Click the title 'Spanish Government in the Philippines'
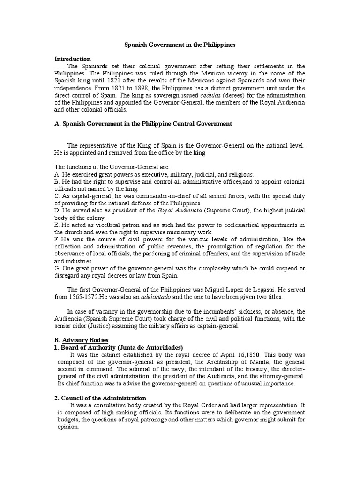pos(180,45)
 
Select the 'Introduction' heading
pos(73,59)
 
